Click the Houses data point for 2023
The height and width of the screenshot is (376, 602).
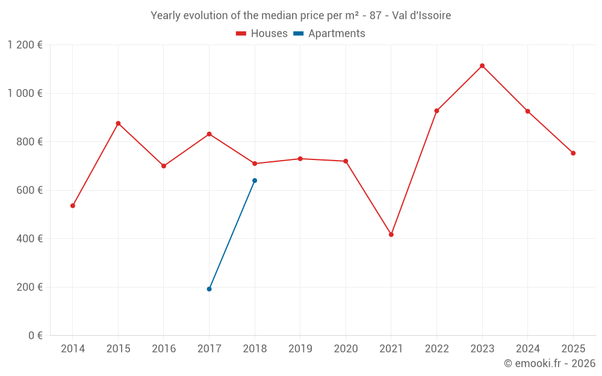pyautogui.click(x=482, y=66)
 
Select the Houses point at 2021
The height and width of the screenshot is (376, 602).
pyautogui.click(x=391, y=235)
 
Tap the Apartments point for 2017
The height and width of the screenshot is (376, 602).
pyautogui.click(x=209, y=289)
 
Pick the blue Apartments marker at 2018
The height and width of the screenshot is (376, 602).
pyautogui.click(x=255, y=180)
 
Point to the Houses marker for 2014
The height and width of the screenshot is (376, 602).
pyautogui.click(x=73, y=206)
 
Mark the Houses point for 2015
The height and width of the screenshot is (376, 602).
pyautogui.click(x=118, y=123)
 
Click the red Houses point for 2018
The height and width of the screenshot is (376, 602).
pyautogui.click(x=255, y=164)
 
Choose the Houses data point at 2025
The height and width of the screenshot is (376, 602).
pyautogui.click(x=573, y=153)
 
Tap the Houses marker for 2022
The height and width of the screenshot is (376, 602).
pyautogui.click(x=436, y=111)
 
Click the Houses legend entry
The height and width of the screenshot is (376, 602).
pyautogui.click(x=262, y=34)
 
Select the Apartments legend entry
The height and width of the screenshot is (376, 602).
pyautogui.click(x=329, y=34)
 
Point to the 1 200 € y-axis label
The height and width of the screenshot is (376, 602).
pyautogui.click(x=25, y=45)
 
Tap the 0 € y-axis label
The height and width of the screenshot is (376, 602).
pyautogui.click(x=36, y=336)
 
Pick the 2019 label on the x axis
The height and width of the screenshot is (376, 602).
pyautogui.click(x=300, y=349)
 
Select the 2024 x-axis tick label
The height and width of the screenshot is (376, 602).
pyautogui.click(x=528, y=349)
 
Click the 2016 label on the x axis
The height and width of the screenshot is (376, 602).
pyautogui.click(x=164, y=349)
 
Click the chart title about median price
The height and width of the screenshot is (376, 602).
pyautogui.click(x=300, y=16)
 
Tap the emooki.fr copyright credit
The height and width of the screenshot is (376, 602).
pyautogui.click(x=550, y=363)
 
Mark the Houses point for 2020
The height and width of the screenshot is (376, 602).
pyautogui.click(x=346, y=161)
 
